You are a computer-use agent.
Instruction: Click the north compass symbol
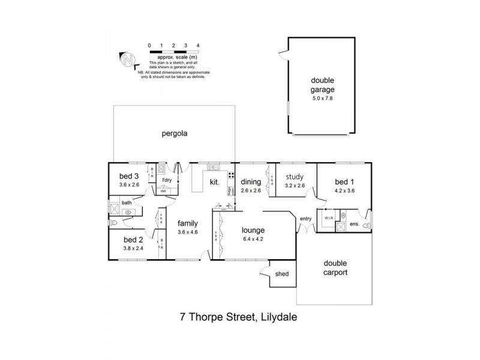[128, 59]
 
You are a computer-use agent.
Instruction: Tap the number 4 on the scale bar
[197, 46]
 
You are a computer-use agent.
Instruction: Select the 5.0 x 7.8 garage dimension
[322, 98]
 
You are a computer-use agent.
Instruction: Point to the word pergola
[175, 134]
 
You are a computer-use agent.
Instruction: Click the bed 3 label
[129, 176]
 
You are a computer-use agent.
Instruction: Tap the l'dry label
[167, 180]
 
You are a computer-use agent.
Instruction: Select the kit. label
[214, 181]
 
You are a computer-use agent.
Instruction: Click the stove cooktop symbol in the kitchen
[231, 177]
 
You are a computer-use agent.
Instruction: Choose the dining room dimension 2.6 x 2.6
[251, 190]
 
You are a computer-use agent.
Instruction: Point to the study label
[294, 176]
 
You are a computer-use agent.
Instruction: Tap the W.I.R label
[329, 217]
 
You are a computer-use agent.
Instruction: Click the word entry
[306, 218]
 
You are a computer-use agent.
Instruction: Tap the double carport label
[335, 268]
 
